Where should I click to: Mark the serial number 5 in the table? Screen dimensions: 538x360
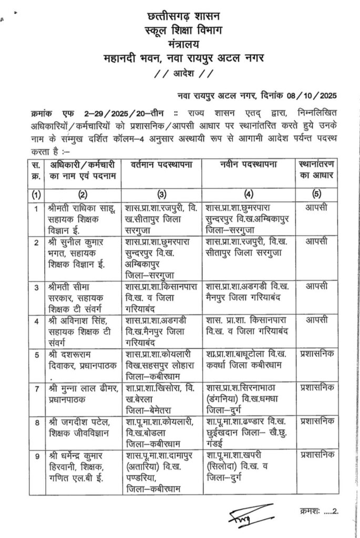point(36,354)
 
